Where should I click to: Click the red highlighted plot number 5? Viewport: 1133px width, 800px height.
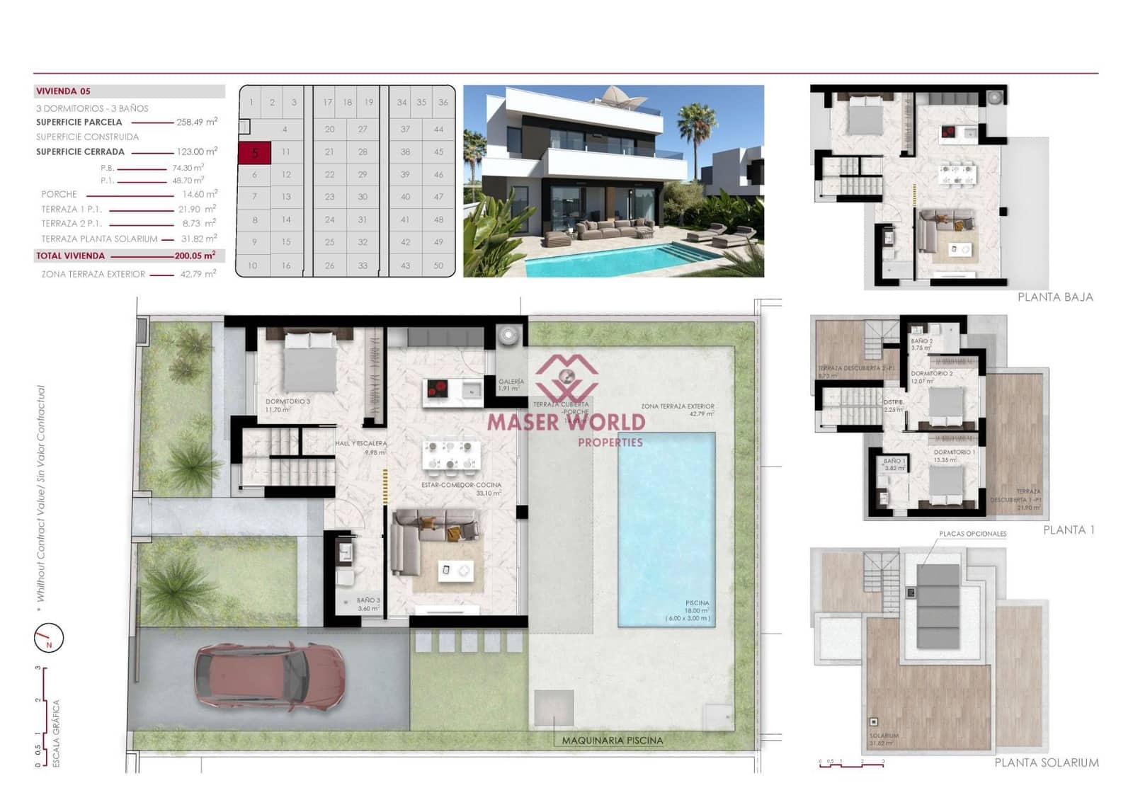254,152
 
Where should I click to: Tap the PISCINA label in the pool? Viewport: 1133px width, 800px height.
697,603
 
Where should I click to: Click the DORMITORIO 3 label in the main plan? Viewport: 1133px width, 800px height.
287,401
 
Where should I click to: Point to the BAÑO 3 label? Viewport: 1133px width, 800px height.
368,600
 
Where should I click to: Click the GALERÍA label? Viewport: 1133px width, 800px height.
511,382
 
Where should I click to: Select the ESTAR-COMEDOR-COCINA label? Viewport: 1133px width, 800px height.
461,486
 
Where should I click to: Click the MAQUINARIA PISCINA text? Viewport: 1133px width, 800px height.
613,741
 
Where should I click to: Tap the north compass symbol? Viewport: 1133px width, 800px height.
49,638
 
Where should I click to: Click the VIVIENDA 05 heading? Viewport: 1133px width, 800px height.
63,91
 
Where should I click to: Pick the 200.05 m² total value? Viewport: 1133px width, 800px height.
195,256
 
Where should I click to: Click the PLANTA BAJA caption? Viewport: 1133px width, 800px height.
1054,297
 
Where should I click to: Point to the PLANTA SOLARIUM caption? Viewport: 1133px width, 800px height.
1046,762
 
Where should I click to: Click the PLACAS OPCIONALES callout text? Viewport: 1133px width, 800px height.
972,534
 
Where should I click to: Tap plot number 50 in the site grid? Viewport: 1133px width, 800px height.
438,265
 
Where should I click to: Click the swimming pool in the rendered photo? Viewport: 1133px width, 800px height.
602,260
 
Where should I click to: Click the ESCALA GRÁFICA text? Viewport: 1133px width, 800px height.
57,733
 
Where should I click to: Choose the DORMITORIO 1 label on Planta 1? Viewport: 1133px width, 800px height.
954,452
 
